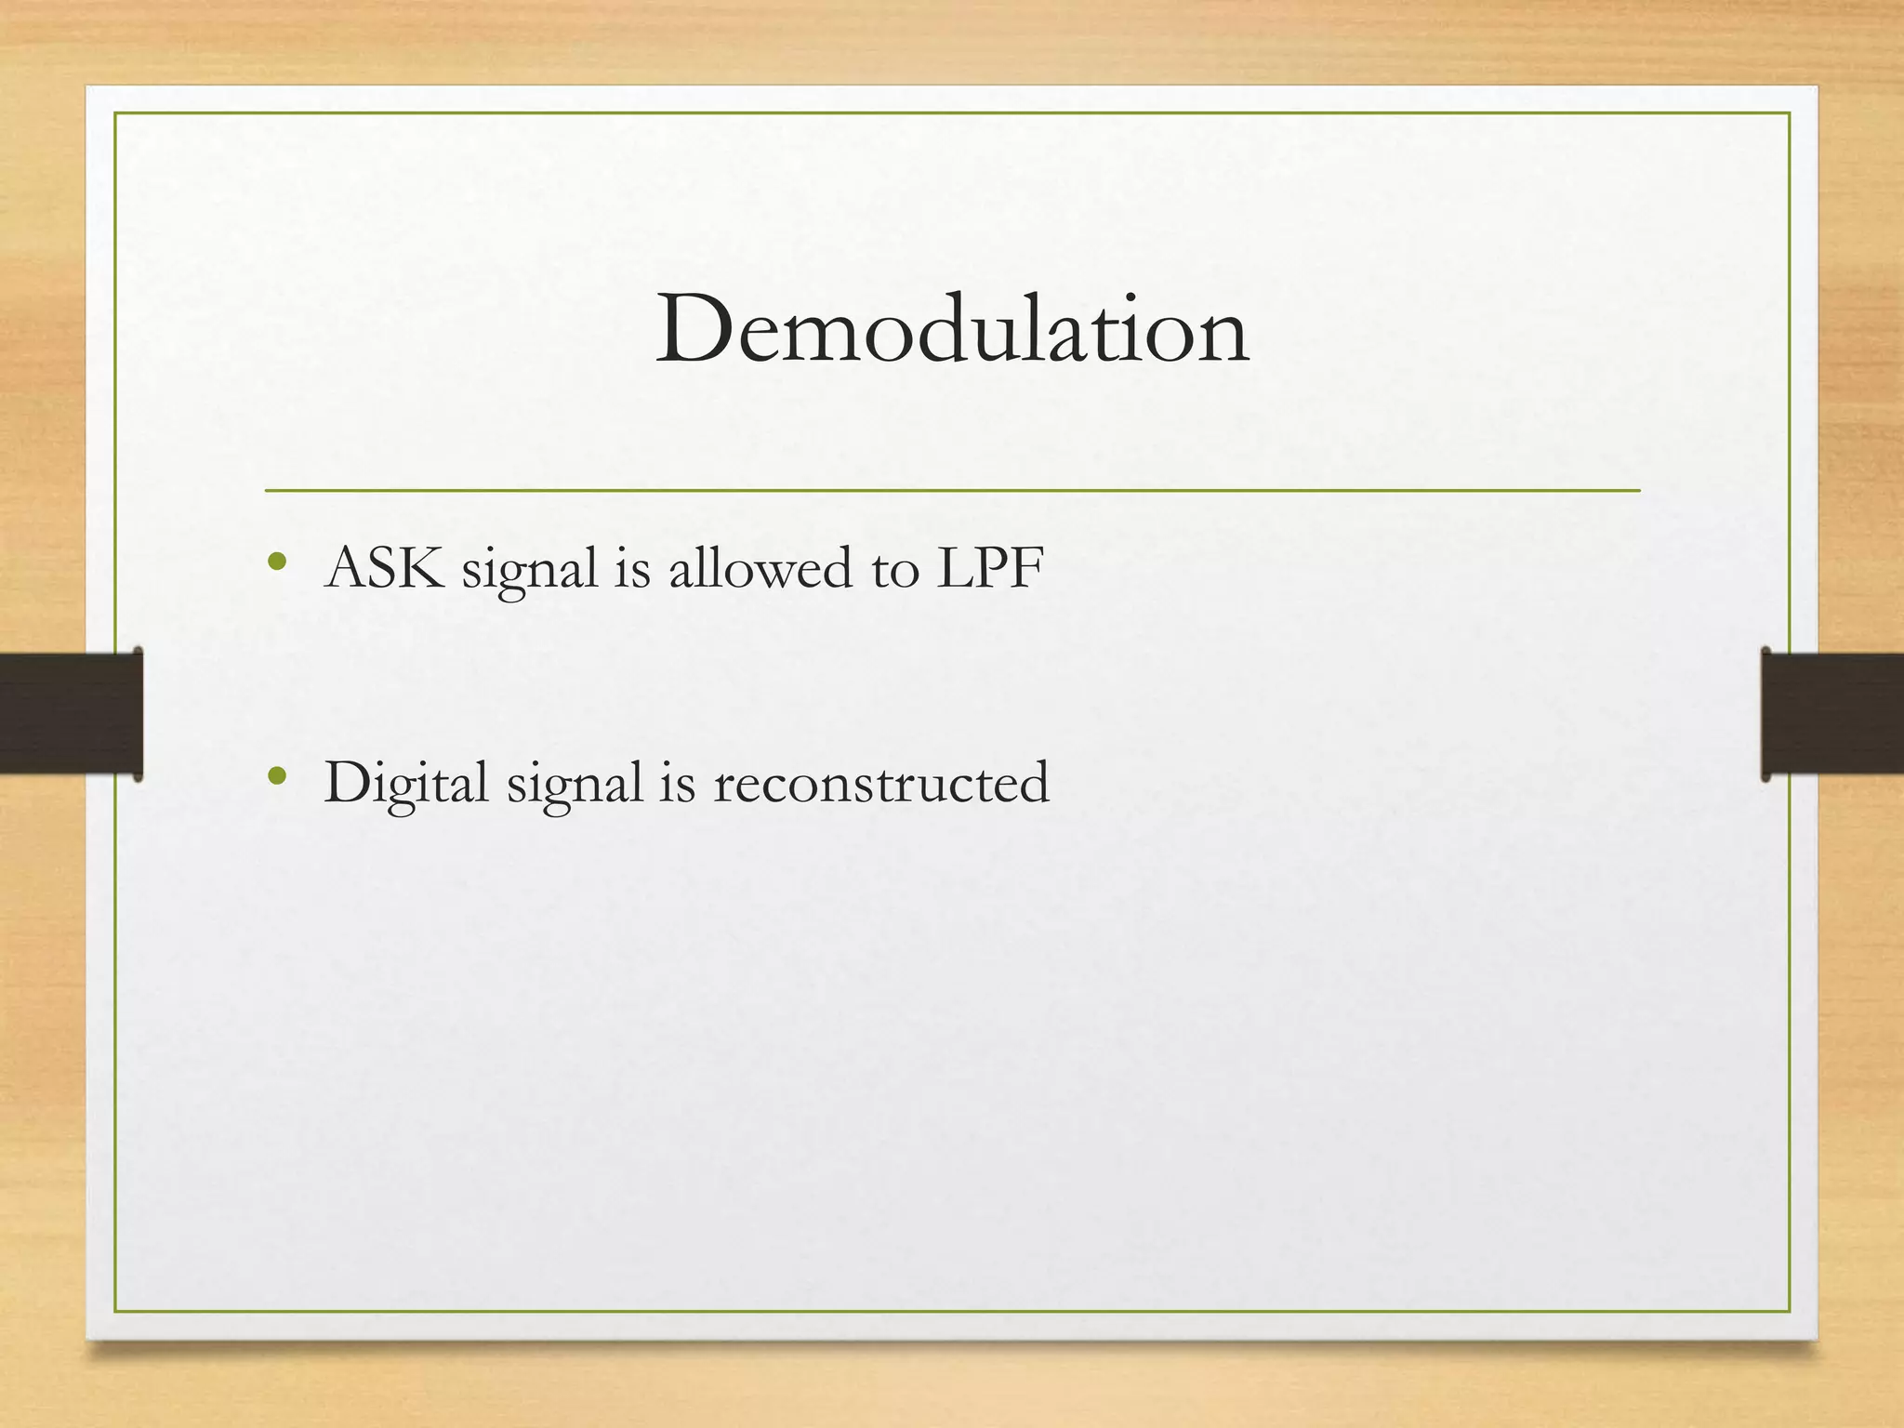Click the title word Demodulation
click(952, 330)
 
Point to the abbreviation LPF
click(989, 568)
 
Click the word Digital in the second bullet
click(405, 783)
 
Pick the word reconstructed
click(881, 783)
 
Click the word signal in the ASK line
click(529, 572)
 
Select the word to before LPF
click(895, 570)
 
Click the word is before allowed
click(632, 568)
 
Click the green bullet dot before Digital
click(276, 775)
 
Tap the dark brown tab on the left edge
click(71, 713)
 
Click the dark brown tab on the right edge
click(1832, 713)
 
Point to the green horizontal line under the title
click(952, 490)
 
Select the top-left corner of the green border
click(115, 113)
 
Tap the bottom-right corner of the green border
click(1789, 1311)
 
